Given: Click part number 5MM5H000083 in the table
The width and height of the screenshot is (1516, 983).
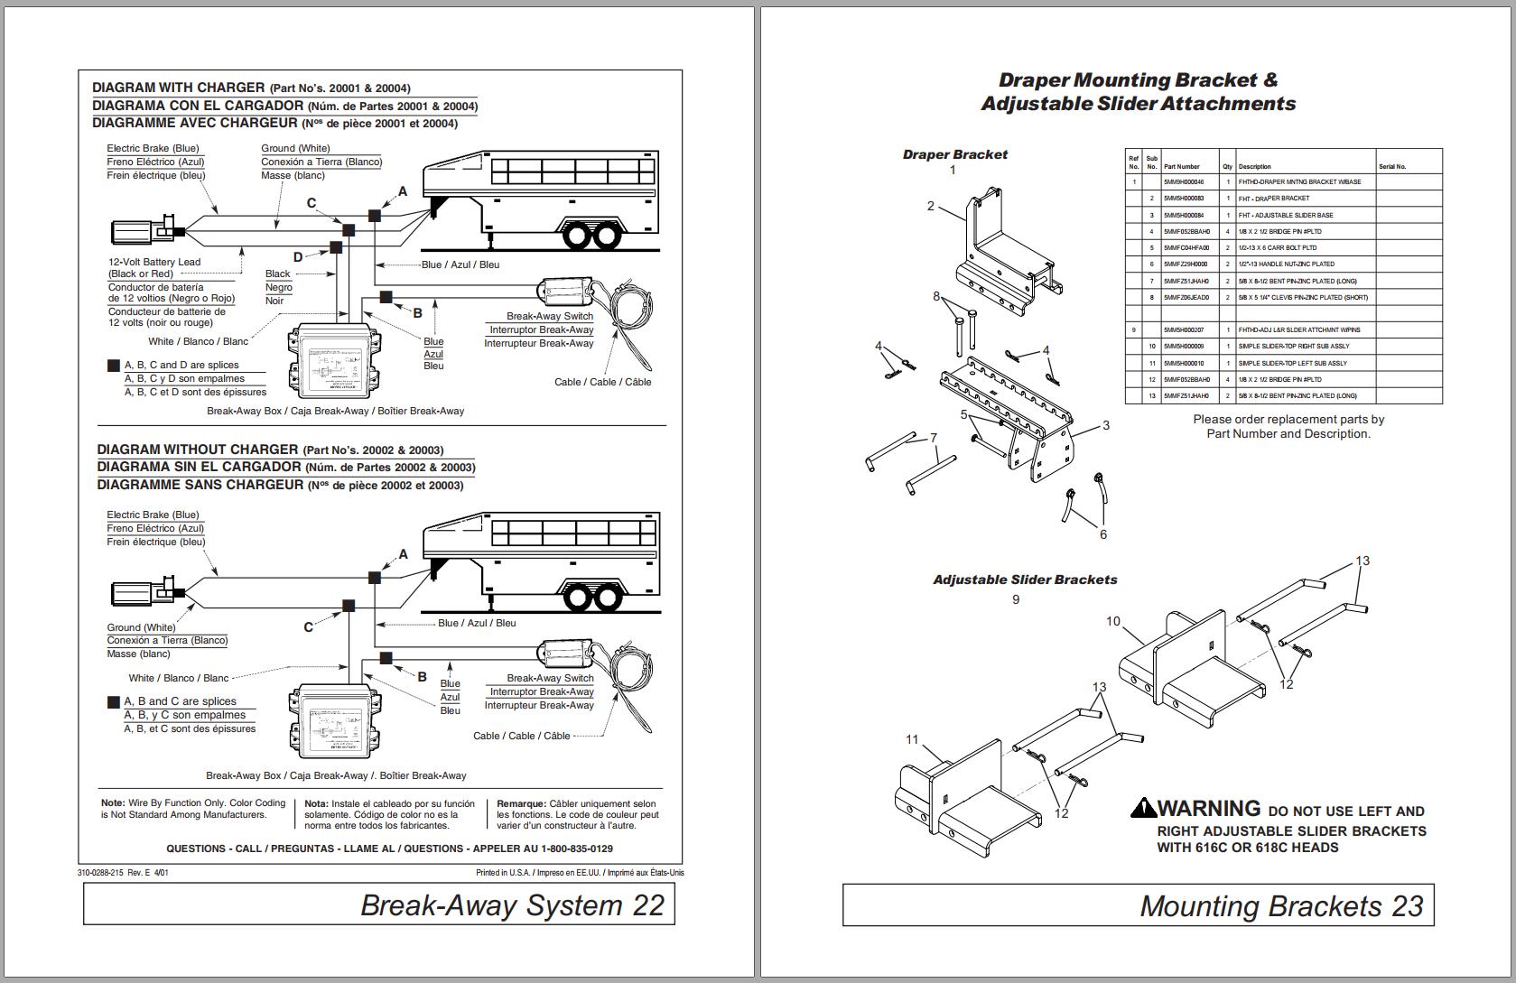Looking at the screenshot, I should point(1183,199).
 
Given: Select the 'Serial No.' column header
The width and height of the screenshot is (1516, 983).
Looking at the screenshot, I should point(1391,167).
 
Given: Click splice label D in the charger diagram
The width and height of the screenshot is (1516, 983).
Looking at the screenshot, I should point(298,257).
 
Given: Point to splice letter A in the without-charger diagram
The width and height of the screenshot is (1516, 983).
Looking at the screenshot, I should point(403,554).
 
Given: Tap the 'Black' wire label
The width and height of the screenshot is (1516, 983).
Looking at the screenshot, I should point(277,274).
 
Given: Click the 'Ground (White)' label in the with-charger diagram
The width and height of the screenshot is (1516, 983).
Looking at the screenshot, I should point(295,148).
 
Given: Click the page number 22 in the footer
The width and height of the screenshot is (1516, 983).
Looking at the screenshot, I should point(648,905).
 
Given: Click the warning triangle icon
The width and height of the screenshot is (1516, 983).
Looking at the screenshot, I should point(1143,808).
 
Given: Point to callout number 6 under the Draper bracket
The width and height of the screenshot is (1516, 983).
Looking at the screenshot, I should point(1102,534).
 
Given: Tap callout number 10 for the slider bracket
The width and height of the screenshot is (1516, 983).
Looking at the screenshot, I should point(1112,621).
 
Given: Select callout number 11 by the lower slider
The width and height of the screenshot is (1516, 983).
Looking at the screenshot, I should point(912,739).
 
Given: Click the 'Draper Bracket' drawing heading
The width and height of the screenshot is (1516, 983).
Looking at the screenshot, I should point(954,154).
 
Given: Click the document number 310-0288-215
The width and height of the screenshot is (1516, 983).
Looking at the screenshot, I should point(100,873).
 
